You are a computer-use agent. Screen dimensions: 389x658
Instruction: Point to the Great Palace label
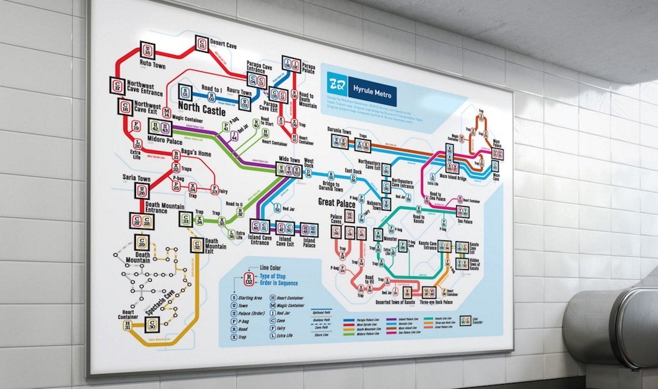tap(337, 203)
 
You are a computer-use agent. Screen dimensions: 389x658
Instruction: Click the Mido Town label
tap(288, 160)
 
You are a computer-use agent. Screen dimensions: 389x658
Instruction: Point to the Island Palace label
tap(310, 241)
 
